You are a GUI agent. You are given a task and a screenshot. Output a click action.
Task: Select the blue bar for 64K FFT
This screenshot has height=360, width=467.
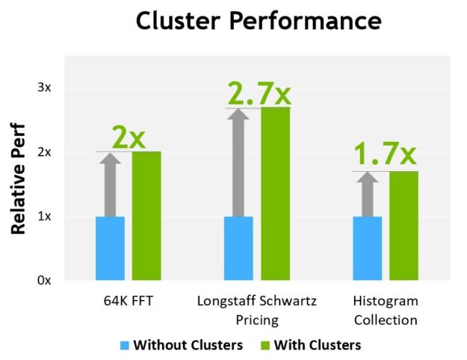tap(110, 248)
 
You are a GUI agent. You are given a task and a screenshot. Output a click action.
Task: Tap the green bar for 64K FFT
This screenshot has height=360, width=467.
tap(146, 216)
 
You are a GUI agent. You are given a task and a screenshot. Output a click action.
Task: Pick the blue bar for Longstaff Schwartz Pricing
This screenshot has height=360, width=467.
tap(238, 248)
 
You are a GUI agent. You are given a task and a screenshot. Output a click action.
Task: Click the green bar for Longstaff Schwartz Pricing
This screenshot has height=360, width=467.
tap(275, 194)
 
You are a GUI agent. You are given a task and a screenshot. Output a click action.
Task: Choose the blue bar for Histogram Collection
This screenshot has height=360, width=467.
tap(367, 248)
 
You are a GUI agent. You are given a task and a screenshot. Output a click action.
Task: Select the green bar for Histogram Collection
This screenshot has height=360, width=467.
tap(403, 226)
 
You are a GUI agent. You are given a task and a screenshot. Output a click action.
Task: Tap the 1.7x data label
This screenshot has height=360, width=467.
tap(384, 155)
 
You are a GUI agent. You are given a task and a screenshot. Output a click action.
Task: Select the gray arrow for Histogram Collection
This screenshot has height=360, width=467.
tap(367, 194)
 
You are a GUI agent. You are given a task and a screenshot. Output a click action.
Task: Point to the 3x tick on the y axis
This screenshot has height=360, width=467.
tap(45, 87)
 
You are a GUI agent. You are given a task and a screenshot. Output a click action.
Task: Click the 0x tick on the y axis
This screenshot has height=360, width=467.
tap(45, 281)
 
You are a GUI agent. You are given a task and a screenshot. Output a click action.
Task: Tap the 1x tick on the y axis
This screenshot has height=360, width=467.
tap(45, 217)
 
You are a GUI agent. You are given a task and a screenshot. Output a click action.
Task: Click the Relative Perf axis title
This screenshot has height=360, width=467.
tap(19, 179)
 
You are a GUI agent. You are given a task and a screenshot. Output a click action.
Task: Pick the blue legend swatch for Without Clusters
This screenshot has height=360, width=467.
tap(125, 345)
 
